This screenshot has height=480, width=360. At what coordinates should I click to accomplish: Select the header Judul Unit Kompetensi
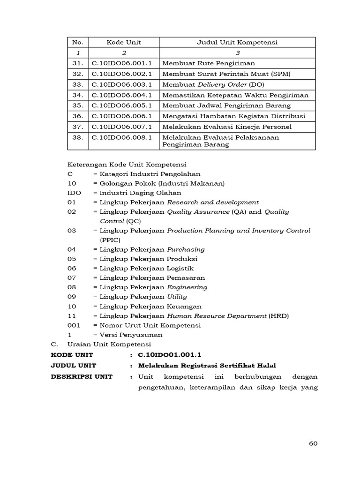(237, 42)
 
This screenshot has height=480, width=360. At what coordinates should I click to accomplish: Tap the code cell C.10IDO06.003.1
(122, 84)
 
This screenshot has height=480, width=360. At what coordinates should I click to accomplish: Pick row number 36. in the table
(78, 116)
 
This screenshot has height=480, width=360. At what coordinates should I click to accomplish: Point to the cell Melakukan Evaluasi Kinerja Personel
(227, 127)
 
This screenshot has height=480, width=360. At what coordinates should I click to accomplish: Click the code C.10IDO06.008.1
(122, 137)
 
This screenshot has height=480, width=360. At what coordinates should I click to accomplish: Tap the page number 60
(314, 444)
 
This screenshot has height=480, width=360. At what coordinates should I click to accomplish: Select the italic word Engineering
(187, 287)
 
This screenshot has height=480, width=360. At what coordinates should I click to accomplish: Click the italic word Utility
(177, 297)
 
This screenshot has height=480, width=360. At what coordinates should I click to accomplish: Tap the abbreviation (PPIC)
(110, 240)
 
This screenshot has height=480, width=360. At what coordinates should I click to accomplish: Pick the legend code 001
(74, 325)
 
